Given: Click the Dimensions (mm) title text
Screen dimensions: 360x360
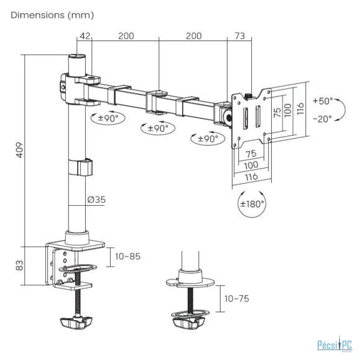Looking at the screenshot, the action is tap(52, 15).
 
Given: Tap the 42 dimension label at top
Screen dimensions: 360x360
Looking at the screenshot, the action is tap(85, 36).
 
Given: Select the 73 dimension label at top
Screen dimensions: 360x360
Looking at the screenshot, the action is tap(240, 36).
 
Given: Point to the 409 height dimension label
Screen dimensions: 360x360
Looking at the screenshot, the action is tap(20, 150).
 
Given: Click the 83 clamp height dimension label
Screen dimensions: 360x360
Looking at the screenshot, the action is tap(20, 265).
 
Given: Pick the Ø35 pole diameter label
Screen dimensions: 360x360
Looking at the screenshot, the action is tap(96, 200).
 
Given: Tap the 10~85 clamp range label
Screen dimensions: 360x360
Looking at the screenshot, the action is tap(127, 256).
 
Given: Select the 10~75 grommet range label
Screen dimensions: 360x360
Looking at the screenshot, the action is tap(237, 298).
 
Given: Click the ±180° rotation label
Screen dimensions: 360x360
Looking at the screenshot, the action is tap(252, 204).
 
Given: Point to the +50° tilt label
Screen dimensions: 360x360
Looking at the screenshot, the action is tap(323, 101).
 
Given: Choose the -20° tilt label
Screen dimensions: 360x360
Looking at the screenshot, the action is tap(323, 119).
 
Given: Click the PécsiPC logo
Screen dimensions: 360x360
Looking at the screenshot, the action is tap(335, 344).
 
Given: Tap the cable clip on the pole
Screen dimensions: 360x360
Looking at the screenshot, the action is tap(81, 168).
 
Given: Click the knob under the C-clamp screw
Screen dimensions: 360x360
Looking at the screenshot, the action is tap(76, 322).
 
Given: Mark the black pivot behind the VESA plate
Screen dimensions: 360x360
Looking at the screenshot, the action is tap(228, 118).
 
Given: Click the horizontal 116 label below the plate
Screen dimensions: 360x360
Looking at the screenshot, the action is tap(251, 177).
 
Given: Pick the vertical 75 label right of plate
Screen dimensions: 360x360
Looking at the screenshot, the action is tap(277, 113).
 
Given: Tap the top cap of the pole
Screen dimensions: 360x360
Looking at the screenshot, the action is tap(77, 56).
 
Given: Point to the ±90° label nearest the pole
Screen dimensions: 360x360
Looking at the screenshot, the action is tap(108, 118).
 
